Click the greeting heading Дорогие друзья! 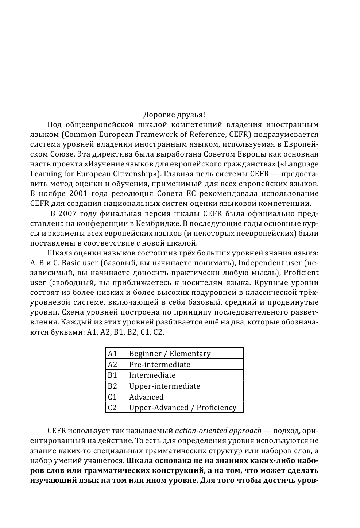174,115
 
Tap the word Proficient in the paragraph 301,273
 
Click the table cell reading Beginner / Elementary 170,354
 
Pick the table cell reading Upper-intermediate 164,386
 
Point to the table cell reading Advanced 146,397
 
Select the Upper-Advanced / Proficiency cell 183,408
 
